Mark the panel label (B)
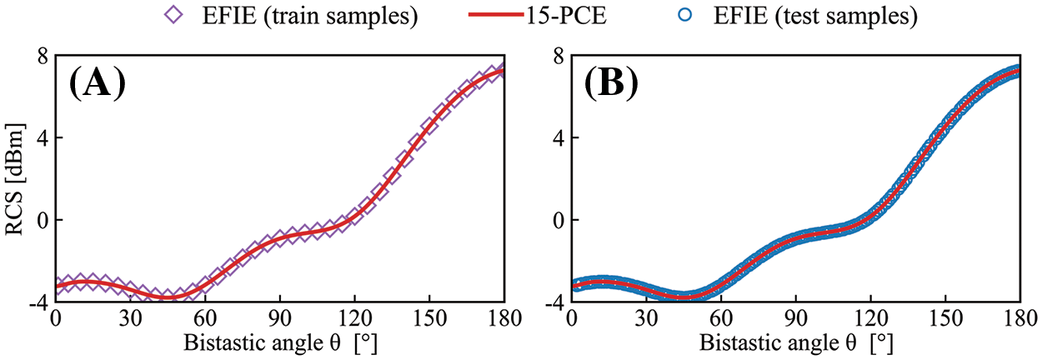click(612, 83)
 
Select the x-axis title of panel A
click(280, 343)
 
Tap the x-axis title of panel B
click(796, 343)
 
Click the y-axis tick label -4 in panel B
click(552, 302)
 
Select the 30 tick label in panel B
click(646, 320)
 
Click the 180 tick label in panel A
click(503, 320)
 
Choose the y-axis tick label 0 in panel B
click(556, 220)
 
